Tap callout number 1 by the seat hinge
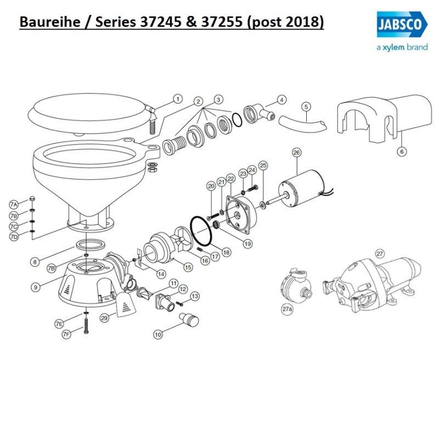click(x=177, y=99)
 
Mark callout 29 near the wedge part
click(x=104, y=317)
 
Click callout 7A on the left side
click(x=14, y=204)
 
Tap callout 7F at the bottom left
click(x=66, y=334)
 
